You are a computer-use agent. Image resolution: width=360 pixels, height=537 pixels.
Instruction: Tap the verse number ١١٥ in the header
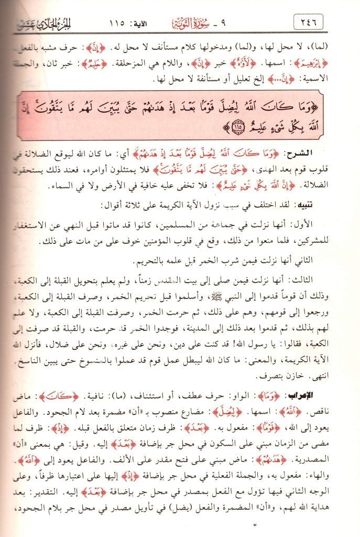click(123, 23)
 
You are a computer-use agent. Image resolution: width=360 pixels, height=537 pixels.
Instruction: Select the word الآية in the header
click(153, 23)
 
